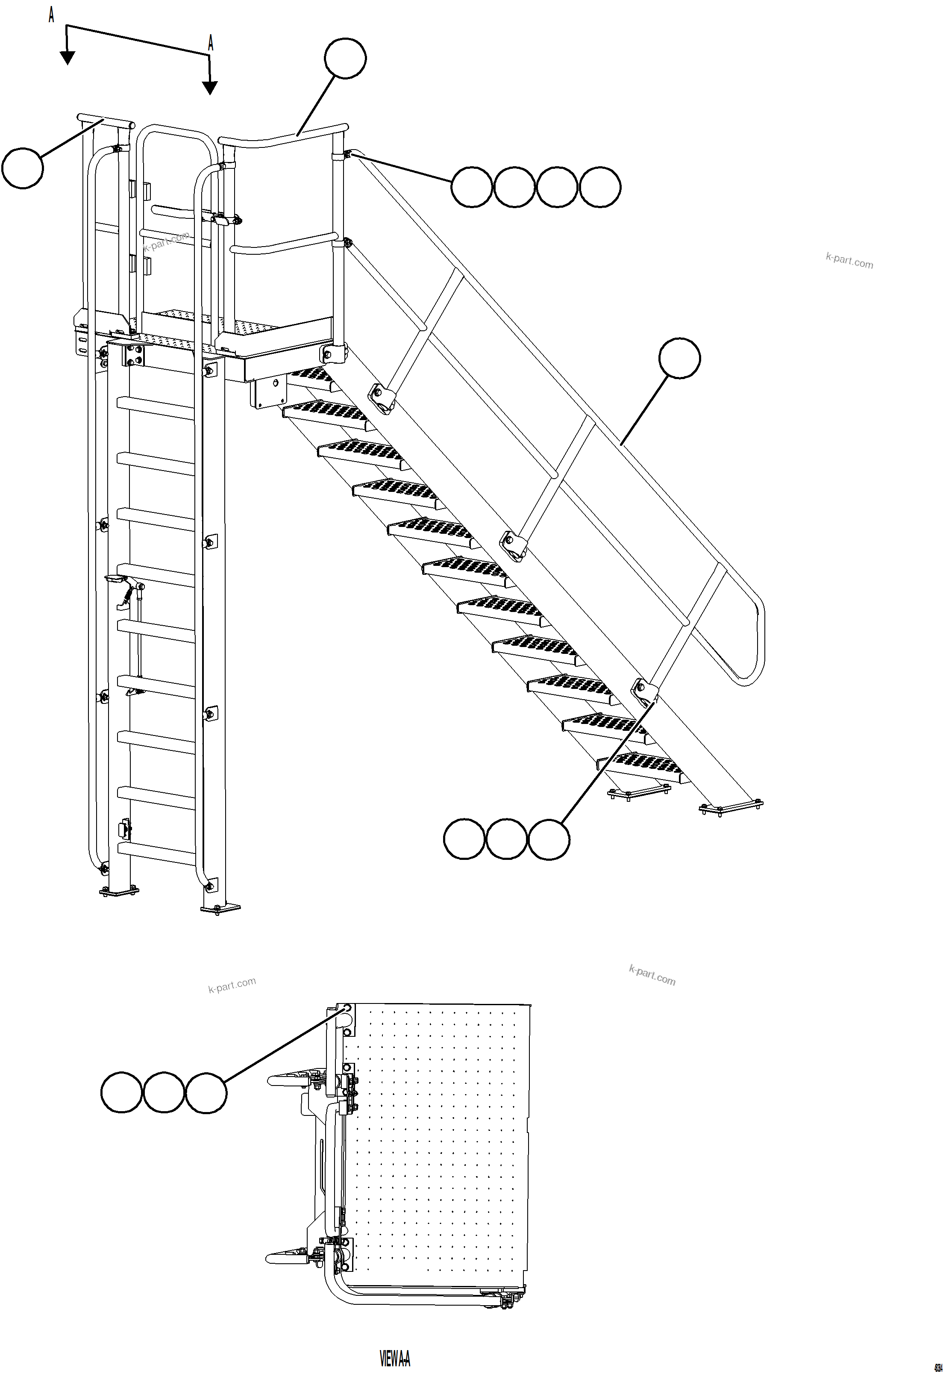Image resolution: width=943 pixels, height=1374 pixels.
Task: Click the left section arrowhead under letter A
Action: click(68, 57)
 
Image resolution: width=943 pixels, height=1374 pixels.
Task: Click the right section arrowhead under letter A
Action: click(209, 88)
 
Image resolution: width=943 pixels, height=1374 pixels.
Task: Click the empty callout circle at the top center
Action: click(345, 58)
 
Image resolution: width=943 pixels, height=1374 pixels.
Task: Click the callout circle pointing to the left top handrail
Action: click(23, 168)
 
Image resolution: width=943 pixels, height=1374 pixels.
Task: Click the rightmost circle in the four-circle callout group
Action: click(600, 188)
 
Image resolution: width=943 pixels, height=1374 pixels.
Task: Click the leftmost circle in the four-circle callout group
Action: click(472, 188)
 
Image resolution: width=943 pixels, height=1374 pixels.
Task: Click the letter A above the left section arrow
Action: click(51, 16)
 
